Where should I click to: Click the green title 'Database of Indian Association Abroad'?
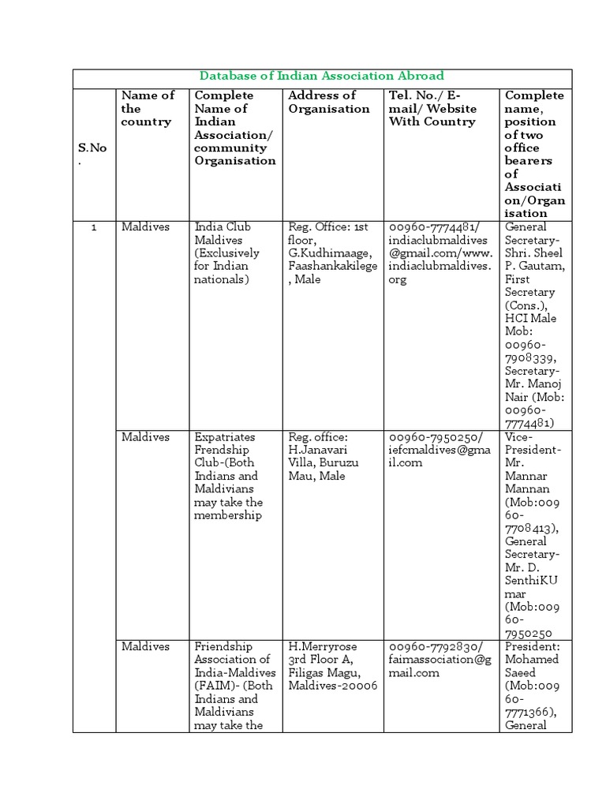tap(321, 77)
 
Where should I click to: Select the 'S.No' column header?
tap(92, 154)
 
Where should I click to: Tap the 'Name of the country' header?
tap(148, 108)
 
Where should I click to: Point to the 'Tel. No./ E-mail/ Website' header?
tap(432, 108)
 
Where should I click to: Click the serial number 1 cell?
tap(94, 227)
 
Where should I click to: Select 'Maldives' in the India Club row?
tap(145, 227)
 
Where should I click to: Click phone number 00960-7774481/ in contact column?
tap(432, 227)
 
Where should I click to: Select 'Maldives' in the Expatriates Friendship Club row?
tap(145, 437)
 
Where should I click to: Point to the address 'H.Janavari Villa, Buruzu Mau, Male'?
tap(324, 463)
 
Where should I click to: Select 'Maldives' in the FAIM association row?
tap(145, 646)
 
